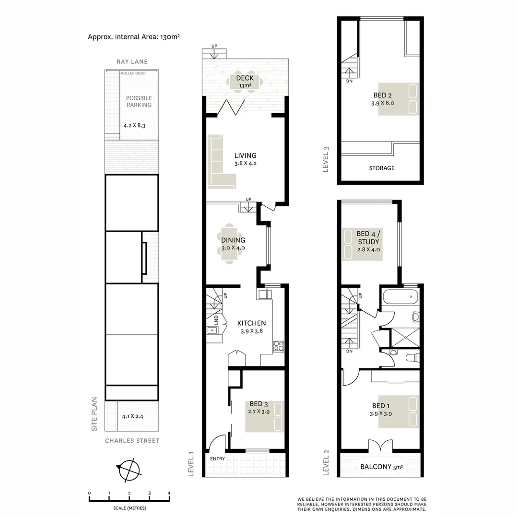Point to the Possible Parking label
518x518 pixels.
point(139,102)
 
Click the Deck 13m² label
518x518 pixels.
point(245,82)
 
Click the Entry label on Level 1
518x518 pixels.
point(217,459)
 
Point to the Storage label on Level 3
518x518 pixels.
point(382,168)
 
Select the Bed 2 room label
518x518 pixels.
point(382,99)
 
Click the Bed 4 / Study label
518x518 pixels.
point(368,242)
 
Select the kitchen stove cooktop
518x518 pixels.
point(279,346)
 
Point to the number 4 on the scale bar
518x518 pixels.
point(169,493)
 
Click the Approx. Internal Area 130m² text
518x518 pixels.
point(134,36)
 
